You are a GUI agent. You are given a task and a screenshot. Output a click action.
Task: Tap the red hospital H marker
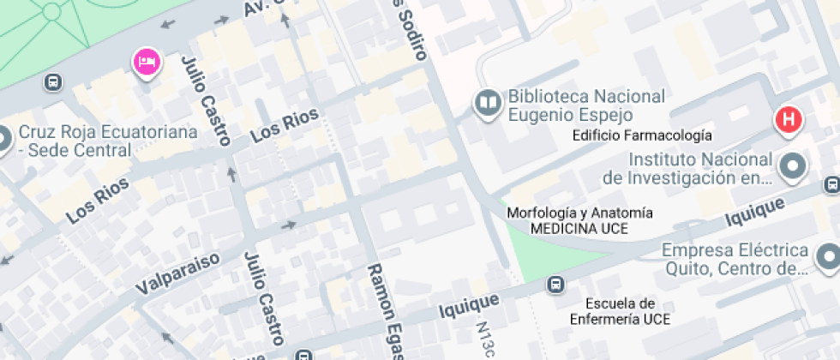click(x=788, y=120)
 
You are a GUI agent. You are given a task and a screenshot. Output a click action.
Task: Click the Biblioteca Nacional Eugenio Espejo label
click(x=586, y=105)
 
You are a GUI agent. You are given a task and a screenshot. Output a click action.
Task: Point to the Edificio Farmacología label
click(x=642, y=135)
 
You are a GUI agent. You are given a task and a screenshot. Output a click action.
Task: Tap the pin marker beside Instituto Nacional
click(x=794, y=166)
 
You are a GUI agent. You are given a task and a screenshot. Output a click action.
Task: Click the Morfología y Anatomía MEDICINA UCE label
click(x=579, y=220)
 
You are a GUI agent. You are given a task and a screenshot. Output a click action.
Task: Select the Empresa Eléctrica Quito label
click(x=735, y=259)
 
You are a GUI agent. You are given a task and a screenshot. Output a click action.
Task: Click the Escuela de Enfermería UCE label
click(x=621, y=311)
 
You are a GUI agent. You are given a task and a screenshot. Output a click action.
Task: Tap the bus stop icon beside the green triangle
click(x=555, y=284)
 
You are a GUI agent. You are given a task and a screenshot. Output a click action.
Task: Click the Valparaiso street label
click(x=177, y=273)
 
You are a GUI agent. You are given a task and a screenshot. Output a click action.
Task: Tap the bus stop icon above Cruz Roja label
click(x=53, y=83)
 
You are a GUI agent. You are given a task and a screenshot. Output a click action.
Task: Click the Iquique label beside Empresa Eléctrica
click(x=754, y=213)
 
